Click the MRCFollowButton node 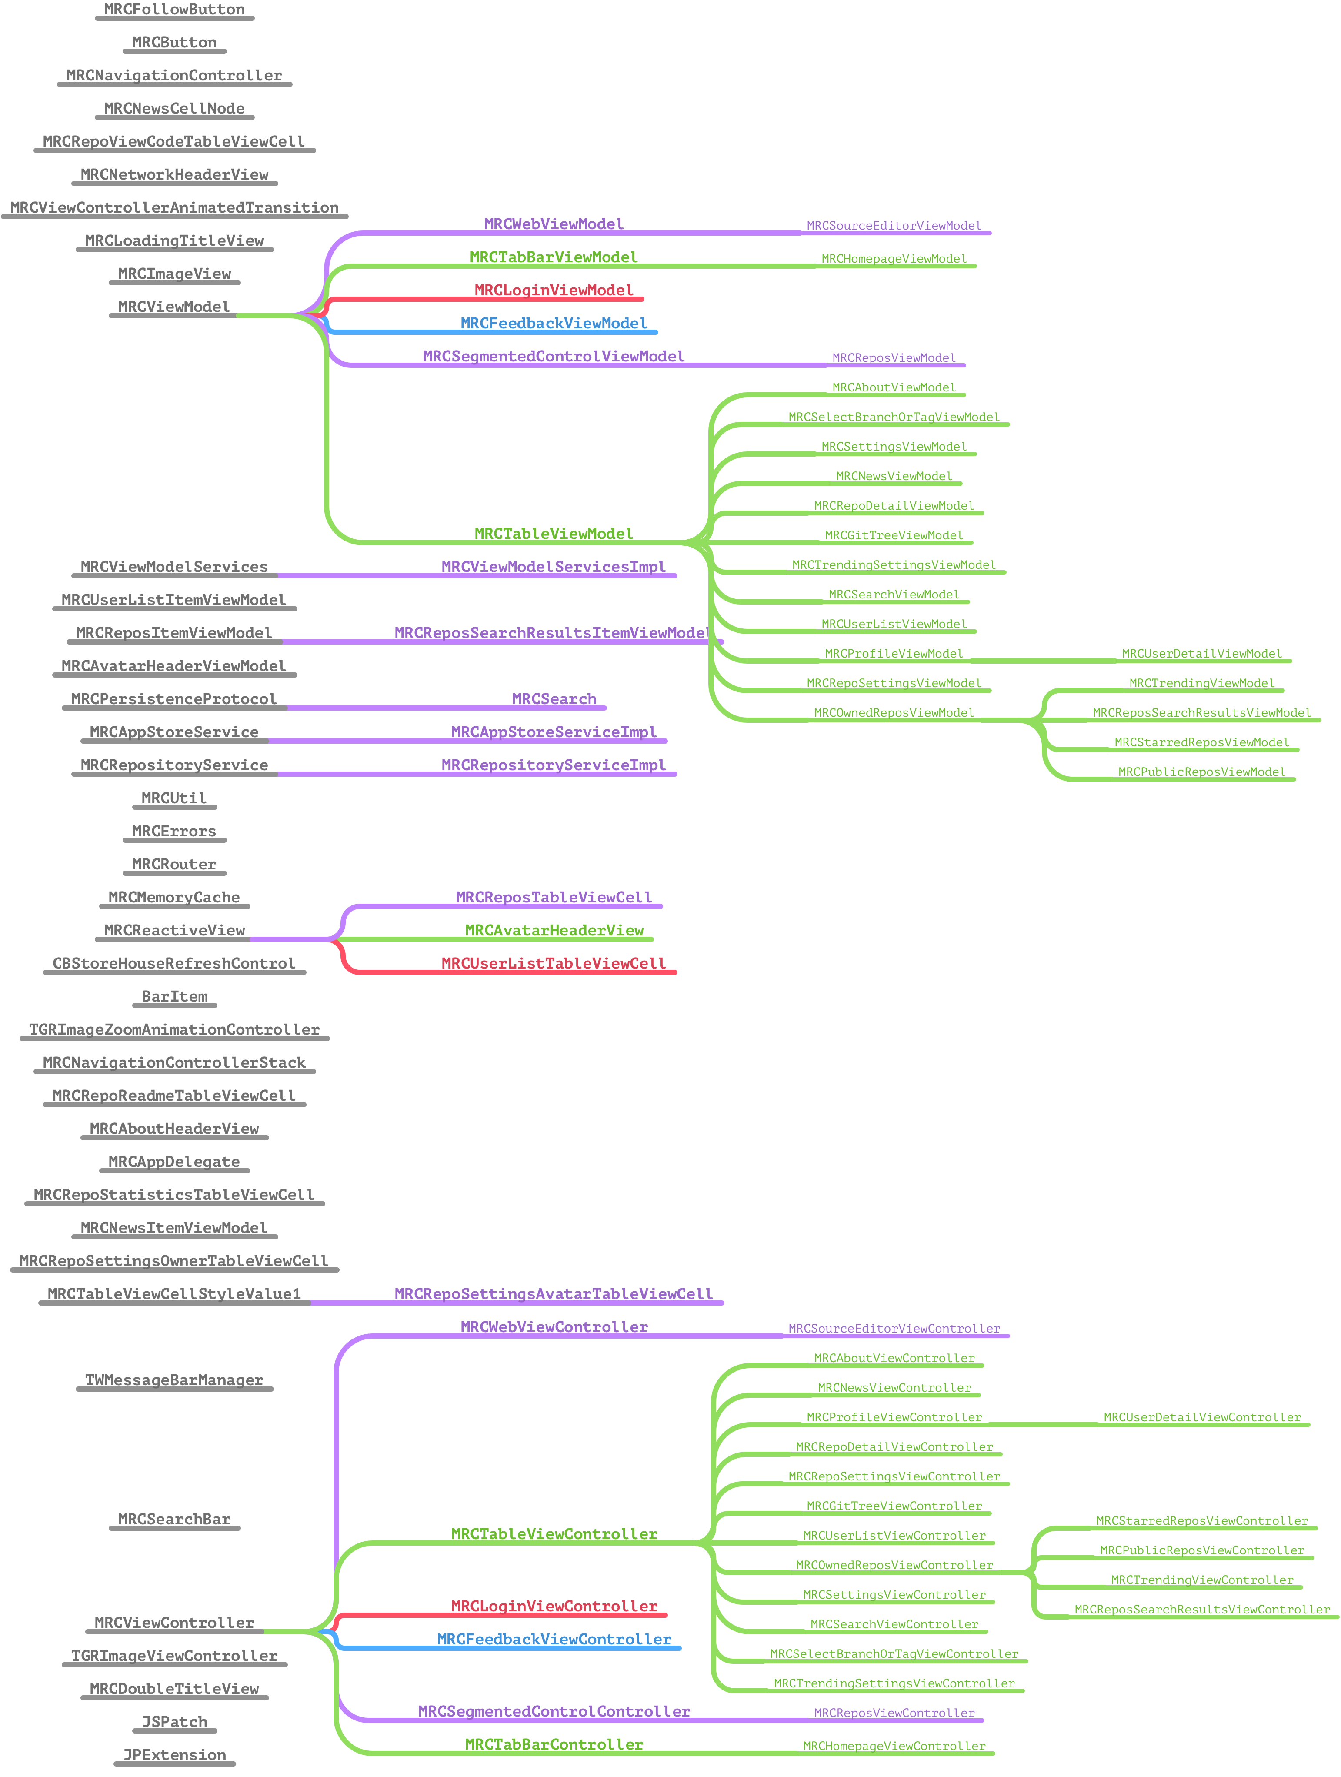click(174, 10)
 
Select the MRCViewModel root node click(174, 307)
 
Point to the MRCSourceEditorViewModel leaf click(894, 226)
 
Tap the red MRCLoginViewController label click(554, 1606)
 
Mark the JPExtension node click(174, 1755)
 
